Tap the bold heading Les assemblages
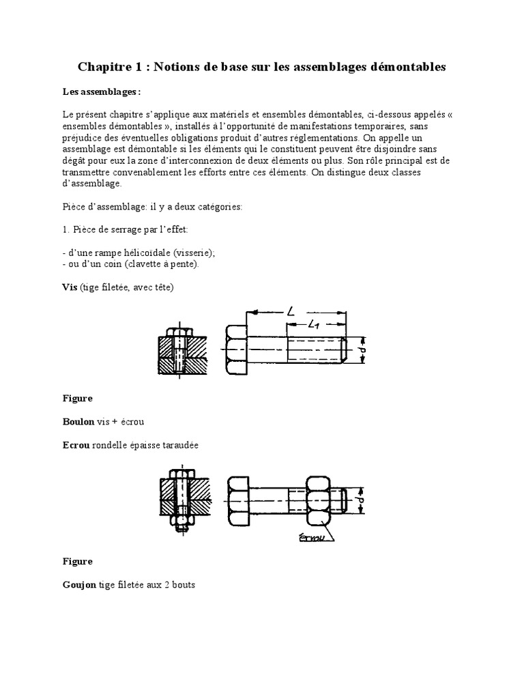point(102,91)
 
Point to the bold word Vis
point(70,288)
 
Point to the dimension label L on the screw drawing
point(291,312)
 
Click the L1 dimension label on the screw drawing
point(315,326)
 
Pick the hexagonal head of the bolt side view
point(240,501)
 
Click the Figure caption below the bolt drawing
point(77,562)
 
